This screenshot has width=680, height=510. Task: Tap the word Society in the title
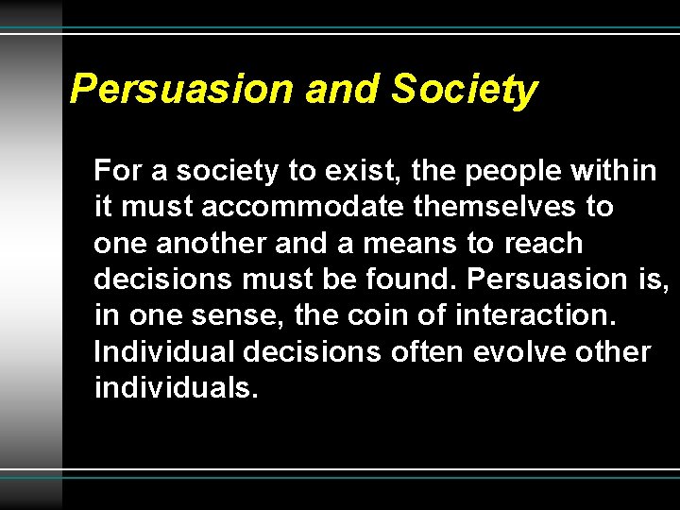click(464, 90)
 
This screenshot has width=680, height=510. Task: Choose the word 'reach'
click(543, 243)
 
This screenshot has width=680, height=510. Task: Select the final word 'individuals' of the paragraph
click(176, 387)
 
